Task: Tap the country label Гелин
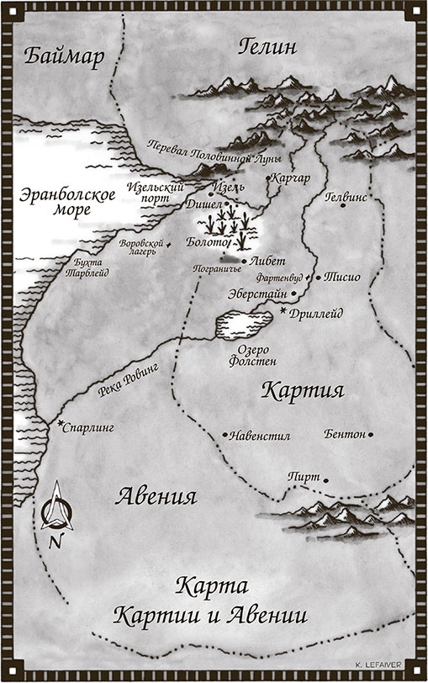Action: click(x=267, y=46)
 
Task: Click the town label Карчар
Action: click(x=290, y=178)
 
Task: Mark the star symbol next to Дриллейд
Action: click(x=283, y=311)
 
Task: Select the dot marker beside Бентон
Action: click(x=372, y=435)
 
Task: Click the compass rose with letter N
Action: click(x=55, y=513)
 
